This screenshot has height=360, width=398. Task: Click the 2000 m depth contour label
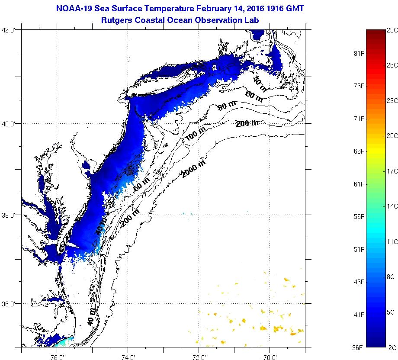click(193, 168)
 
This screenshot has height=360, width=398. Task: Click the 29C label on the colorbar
click(392, 30)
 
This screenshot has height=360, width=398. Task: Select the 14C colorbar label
click(392, 206)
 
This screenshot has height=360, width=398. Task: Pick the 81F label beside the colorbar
click(359, 53)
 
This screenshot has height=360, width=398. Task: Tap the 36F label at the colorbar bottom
click(359, 347)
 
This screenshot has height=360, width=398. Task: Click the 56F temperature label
click(359, 216)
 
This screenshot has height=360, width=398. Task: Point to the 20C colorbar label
click(392, 135)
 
